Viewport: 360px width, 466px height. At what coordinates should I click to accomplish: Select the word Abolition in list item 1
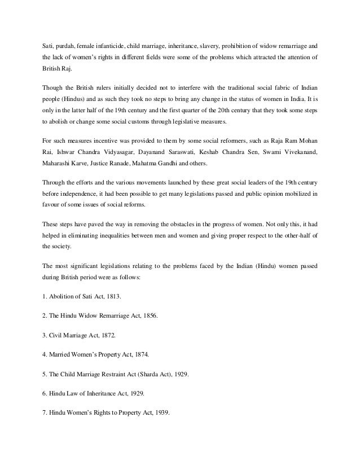(x=63, y=296)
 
